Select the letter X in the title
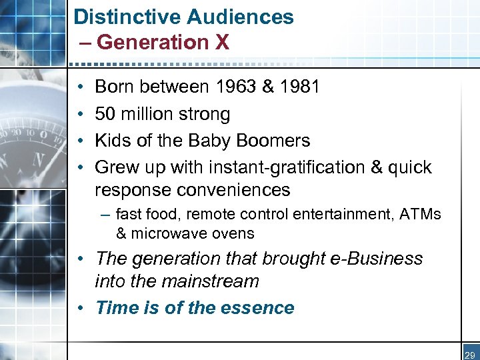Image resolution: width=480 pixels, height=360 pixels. coord(222,43)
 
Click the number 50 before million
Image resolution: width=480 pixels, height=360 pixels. coord(105,114)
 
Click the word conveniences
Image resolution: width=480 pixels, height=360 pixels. coord(233,190)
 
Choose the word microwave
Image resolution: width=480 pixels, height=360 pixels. coord(164,233)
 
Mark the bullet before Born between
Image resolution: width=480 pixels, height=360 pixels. coord(79,87)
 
